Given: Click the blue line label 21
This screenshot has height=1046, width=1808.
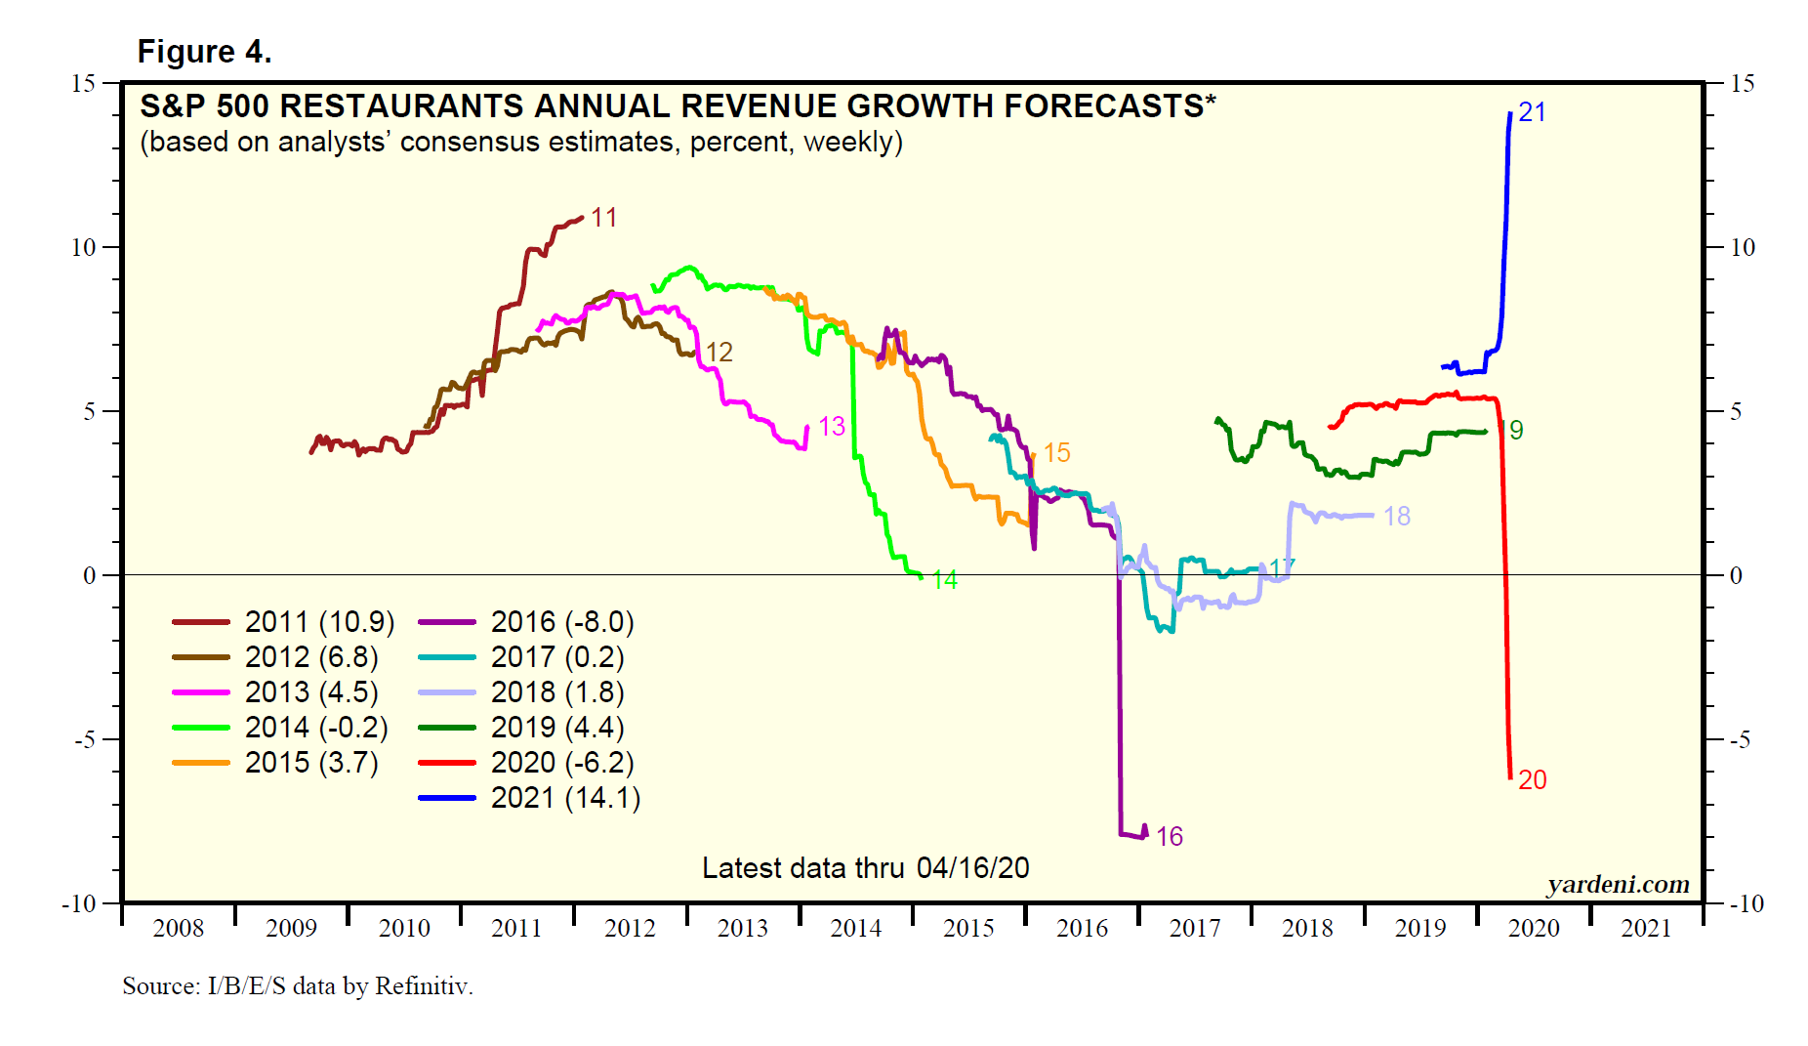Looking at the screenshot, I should (x=1532, y=113).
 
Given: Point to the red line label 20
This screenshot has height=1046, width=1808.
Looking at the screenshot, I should (x=1532, y=780).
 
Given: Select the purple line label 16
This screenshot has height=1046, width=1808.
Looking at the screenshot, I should (x=1169, y=837).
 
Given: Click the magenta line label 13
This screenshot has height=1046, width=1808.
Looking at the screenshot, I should (x=831, y=427).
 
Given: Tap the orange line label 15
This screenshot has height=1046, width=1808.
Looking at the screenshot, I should (x=1056, y=453).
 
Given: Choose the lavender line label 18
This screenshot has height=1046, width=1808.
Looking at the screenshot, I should (x=1396, y=517).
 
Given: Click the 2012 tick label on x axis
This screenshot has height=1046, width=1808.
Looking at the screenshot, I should (x=630, y=929).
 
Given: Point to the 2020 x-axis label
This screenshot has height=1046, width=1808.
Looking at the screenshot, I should (x=1534, y=929).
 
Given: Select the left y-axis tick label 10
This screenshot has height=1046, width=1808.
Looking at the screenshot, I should (x=84, y=248).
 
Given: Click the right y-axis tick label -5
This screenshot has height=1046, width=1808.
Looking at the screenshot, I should (x=1740, y=739).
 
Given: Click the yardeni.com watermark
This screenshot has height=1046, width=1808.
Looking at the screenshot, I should (x=1618, y=885).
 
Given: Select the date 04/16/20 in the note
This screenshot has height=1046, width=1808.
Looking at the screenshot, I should (x=972, y=868).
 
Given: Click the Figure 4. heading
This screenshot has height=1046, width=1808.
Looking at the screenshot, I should (x=204, y=52).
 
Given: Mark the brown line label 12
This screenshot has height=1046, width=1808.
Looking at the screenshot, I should (x=719, y=353).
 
